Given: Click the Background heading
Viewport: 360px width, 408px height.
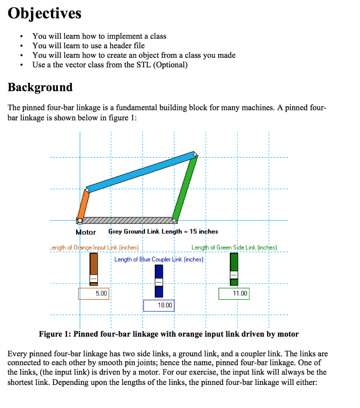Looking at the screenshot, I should click(40, 87).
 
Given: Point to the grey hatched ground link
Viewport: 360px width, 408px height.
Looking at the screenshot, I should click(128, 220).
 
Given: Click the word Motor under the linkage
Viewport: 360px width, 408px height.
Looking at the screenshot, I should click(86, 232).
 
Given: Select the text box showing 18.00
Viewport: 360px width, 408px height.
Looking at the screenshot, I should click(159, 306).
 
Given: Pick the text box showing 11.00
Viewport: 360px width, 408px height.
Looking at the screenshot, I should click(234, 294).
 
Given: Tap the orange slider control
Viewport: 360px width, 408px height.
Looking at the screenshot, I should click(94, 278).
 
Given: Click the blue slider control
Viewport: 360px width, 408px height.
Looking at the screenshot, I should click(159, 282).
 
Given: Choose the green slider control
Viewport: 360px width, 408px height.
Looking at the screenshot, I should click(234, 275).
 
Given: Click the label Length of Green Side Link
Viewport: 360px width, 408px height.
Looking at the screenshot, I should click(234, 248).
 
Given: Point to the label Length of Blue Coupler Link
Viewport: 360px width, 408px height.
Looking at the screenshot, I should click(159, 260).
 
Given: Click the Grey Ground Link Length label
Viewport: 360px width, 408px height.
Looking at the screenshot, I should click(163, 231).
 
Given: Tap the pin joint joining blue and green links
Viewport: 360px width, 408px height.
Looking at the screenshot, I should click(195, 154).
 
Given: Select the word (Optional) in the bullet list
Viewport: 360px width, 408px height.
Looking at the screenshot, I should click(170, 65).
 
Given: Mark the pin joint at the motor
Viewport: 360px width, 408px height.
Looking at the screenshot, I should click(80, 220).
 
